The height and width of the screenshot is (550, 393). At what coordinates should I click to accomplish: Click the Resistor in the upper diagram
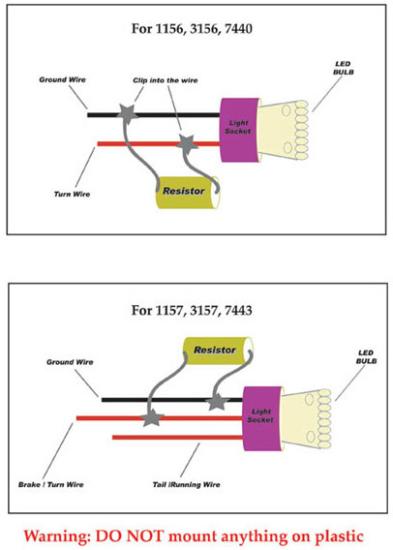click(x=187, y=193)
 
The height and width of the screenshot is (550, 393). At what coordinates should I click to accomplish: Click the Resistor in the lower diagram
click(x=218, y=351)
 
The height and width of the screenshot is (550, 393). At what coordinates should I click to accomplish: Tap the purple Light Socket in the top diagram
click(x=239, y=130)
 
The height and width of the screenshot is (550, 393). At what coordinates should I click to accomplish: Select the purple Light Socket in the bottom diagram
click(x=262, y=418)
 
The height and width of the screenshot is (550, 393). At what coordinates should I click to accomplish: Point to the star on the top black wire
click(x=127, y=113)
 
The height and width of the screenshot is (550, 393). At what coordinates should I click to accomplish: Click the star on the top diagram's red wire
click(x=187, y=144)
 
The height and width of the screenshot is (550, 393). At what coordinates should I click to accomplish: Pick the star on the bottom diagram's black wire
click(x=218, y=402)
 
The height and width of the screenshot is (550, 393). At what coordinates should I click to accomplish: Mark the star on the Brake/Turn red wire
click(x=153, y=417)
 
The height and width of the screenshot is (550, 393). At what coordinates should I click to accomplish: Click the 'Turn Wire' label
click(x=72, y=194)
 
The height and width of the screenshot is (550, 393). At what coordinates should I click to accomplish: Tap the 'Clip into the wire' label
click(x=166, y=80)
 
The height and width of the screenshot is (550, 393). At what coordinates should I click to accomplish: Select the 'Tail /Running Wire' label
click(x=186, y=485)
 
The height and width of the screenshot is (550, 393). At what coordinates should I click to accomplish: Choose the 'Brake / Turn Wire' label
click(x=51, y=485)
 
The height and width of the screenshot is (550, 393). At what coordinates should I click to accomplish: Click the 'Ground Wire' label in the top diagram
click(x=62, y=79)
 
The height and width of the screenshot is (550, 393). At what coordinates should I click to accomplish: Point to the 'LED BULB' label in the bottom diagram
click(x=366, y=356)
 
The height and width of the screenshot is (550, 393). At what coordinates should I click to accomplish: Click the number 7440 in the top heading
click(x=238, y=29)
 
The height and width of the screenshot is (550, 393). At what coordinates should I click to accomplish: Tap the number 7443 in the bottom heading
click(x=238, y=311)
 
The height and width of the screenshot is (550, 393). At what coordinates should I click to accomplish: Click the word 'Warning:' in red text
click(x=56, y=536)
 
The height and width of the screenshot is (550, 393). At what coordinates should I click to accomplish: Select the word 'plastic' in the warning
click(x=339, y=536)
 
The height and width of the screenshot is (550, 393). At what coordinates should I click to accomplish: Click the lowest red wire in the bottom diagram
click(x=177, y=437)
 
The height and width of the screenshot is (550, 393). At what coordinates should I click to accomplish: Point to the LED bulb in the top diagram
click(x=284, y=130)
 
